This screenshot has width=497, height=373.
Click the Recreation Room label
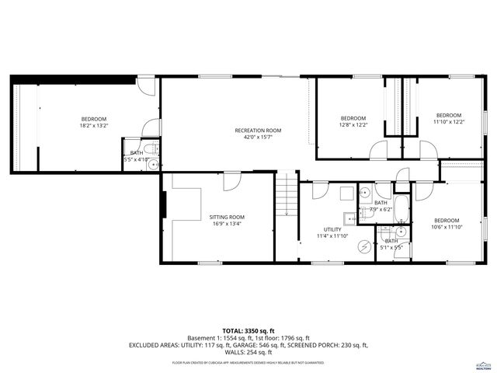click(258, 131)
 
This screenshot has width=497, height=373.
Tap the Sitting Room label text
click(227, 217)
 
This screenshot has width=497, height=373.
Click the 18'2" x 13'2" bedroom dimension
click(93, 125)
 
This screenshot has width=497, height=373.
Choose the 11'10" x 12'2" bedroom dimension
click(448, 122)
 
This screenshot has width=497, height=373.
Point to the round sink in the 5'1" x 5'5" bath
click(401, 231)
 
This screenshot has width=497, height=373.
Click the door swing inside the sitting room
click(231, 182)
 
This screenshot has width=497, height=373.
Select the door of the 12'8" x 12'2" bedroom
click(378, 151)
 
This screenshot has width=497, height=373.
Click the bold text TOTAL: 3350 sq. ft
click(248, 329)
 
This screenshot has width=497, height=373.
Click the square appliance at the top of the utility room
click(364, 191)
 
